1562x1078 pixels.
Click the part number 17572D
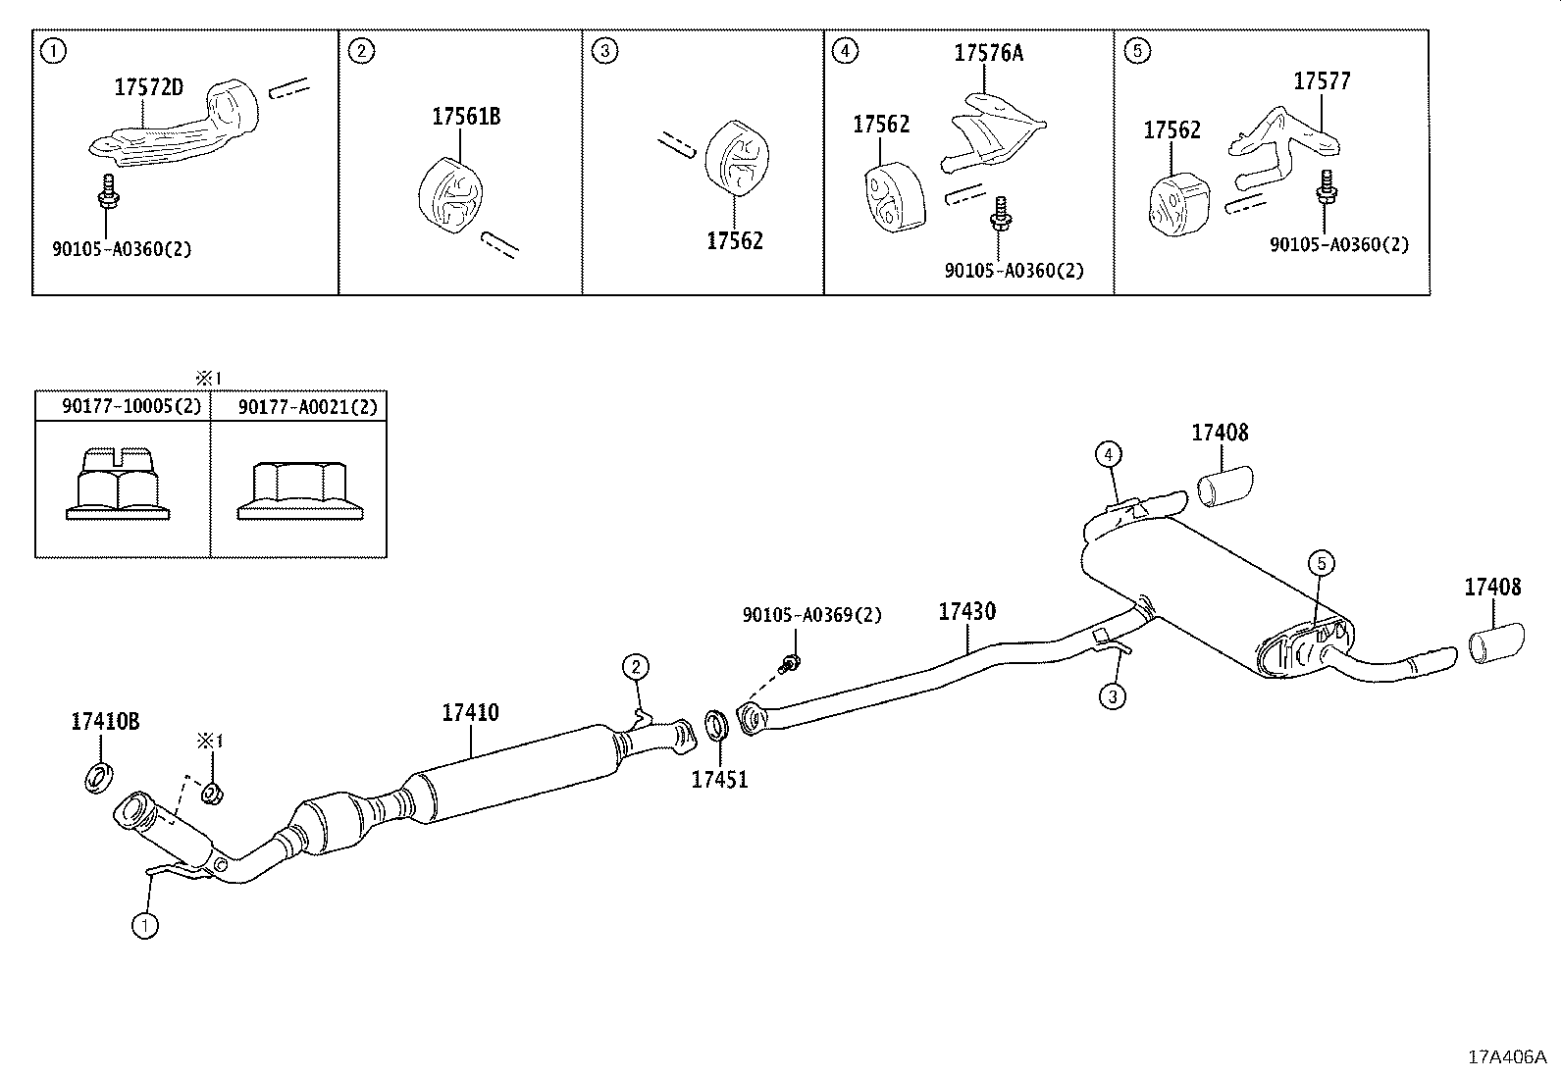(x=148, y=87)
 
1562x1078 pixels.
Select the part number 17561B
(x=466, y=117)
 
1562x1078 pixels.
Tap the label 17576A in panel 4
(x=988, y=53)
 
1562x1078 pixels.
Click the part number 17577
(x=1322, y=81)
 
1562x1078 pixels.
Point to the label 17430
(x=966, y=611)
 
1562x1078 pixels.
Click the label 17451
(x=719, y=780)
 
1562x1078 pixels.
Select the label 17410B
(x=105, y=722)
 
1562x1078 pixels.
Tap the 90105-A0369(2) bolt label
(x=811, y=615)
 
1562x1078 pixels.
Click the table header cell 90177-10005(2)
(x=124, y=406)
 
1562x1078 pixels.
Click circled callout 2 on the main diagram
(x=636, y=668)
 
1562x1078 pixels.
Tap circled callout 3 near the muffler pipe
(x=1112, y=696)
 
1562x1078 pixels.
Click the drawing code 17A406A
(x=1506, y=1056)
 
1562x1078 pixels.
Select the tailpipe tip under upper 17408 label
(x=1226, y=488)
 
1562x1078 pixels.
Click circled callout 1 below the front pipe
(x=144, y=924)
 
